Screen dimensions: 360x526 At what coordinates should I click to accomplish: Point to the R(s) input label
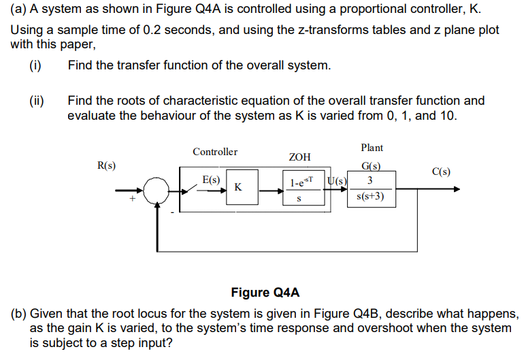[106, 165]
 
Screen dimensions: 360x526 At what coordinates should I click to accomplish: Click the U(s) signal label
[338, 180]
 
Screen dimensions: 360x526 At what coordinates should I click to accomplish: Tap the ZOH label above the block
[299, 157]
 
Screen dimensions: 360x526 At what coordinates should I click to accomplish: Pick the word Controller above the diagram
[215, 152]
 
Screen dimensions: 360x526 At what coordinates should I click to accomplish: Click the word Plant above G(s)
[372, 147]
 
